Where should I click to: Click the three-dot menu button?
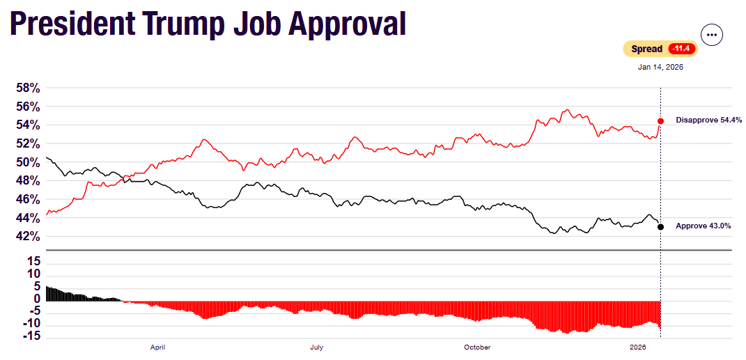pyautogui.click(x=712, y=34)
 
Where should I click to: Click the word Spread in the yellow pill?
pyautogui.click(x=647, y=49)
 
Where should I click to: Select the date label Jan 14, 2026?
pyautogui.click(x=660, y=68)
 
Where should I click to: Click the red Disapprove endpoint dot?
pyautogui.click(x=660, y=121)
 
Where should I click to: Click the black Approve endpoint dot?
pyautogui.click(x=660, y=226)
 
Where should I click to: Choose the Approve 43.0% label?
pyautogui.click(x=704, y=226)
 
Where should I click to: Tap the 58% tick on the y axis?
pyautogui.click(x=29, y=88)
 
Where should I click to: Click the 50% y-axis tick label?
pyautogui.click(x=29, y=162)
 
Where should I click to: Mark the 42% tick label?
pyautogui.click(x=29, y=237)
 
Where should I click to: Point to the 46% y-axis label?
pyautogui.click(x=29, y=200)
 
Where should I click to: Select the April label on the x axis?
pyautogui.click(x=157, y=347)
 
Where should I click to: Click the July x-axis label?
pyautogui.click(x=316, y=347)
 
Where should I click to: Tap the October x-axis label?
pyautogui.click(x=477, y=347)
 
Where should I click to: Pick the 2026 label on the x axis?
pyautogui.click(x=638, y=347)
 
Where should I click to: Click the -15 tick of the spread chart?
pyautogui.click(x=31, y=337)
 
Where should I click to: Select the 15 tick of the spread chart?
pyautogui.click(x=33, y=261)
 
